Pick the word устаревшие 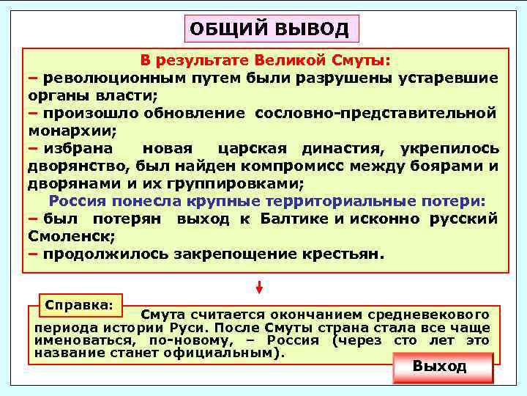(448, 78)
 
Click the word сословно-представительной (375, 113)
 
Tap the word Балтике (294, 219)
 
